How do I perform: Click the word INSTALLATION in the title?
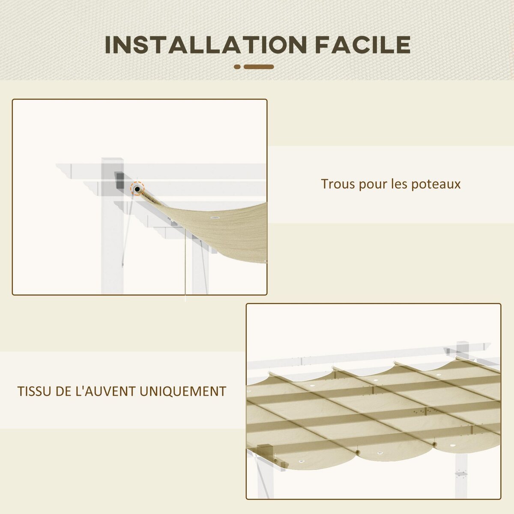click(206, 45)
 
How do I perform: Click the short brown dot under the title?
click(238, 67)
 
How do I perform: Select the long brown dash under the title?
click(259, 67)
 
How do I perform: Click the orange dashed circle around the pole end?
click(137, 188)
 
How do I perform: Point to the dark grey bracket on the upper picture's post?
click(119, 179)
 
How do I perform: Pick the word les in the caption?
click(399, 184)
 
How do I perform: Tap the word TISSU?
click(32, 391)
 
